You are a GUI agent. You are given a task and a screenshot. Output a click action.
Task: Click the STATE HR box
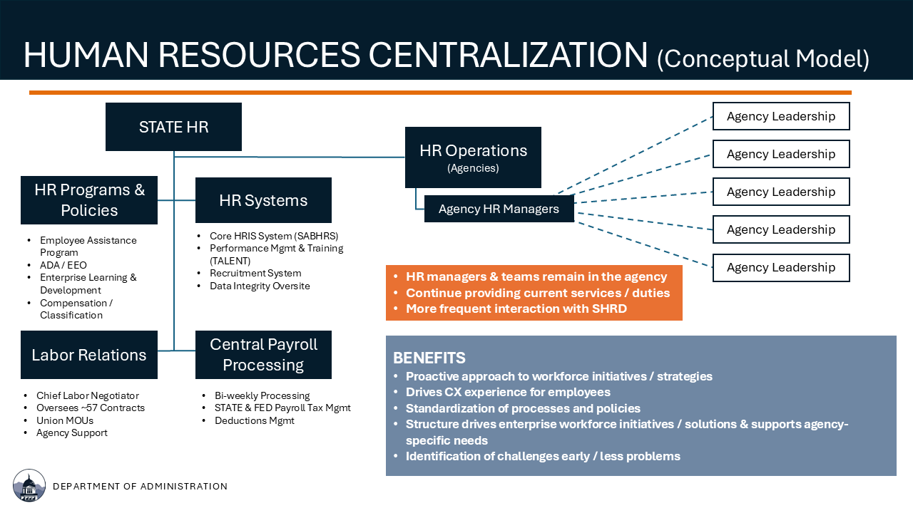click(x=173, y=127)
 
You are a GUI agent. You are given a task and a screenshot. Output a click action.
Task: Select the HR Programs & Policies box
click(x=89, y=200)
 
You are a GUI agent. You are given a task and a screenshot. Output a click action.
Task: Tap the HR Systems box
click(x=263, y=200)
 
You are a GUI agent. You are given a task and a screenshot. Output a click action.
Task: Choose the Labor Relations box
click(x=89, y=355)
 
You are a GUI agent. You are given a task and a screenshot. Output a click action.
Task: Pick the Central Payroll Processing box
click(x=263, y=355)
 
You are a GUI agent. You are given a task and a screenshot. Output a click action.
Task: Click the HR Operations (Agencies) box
click(x=473, y=157)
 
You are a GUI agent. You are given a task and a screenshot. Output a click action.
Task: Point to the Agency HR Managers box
click(x=499, y=209)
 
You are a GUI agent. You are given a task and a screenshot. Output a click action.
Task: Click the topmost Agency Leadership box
click(x=781, y=116)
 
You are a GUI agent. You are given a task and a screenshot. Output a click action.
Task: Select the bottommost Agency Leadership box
click(x=781, y=267)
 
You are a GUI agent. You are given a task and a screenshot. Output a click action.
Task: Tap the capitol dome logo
click(x=29, y=485)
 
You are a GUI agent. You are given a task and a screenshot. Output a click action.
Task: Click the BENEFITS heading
click(x=429, y=358)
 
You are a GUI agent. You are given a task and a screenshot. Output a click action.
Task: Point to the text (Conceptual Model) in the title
click(x=763, y=59)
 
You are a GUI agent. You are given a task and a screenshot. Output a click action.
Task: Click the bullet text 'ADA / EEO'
click(x=63, y=265)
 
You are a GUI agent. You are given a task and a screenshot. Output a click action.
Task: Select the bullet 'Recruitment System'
click(x=255, y=273)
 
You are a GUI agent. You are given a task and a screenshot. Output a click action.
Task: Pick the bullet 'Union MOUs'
click(x=65, y=420)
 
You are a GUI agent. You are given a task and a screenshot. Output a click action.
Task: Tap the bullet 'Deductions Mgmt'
click(x=255, y=420)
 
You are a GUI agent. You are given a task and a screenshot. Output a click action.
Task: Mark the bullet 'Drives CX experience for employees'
click(x=508, y=392)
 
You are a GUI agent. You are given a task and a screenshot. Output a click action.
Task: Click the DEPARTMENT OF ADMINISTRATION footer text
click(x=141, y=486)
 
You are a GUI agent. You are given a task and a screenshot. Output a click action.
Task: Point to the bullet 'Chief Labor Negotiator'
click(x=88, y=395)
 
